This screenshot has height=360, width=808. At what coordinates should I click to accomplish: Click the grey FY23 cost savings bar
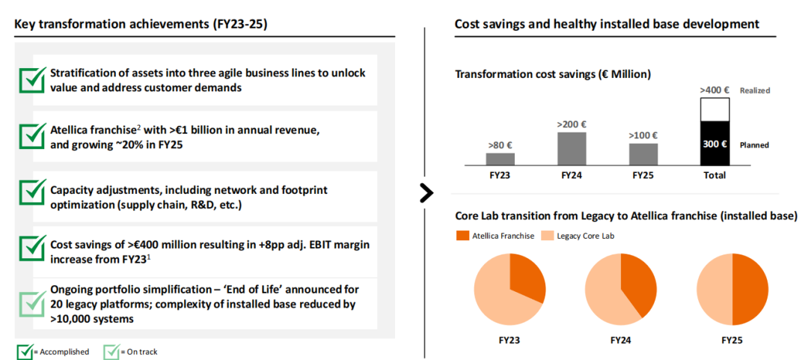coord(501,159)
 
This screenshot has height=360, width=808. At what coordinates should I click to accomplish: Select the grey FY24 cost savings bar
coord(572,148)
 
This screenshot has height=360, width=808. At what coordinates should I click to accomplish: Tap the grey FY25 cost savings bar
coord(643,153)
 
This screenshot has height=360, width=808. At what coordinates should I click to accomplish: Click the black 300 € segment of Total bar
coord(714,143)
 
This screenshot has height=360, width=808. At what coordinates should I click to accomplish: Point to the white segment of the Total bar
coord(714,109)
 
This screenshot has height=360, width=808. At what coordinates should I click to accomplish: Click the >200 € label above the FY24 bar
coord(572,125)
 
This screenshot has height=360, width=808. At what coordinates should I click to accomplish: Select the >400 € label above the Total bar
coord(714,90)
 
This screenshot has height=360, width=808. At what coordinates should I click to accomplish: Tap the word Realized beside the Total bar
coord(755,91)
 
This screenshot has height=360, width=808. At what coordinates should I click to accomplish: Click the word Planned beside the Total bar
coord(754,145)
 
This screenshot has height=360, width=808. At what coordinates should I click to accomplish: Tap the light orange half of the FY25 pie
coord(715,290)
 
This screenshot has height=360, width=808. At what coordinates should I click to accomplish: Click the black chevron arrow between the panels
coord(426,192)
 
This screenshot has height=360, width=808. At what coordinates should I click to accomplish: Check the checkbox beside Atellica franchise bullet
coord(31,135)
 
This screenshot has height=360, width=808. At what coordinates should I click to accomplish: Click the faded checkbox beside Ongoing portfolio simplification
coord(31,304)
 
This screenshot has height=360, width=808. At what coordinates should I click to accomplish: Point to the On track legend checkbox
coord(111,351)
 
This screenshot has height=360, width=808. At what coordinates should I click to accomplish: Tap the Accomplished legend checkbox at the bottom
coord(24,351)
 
